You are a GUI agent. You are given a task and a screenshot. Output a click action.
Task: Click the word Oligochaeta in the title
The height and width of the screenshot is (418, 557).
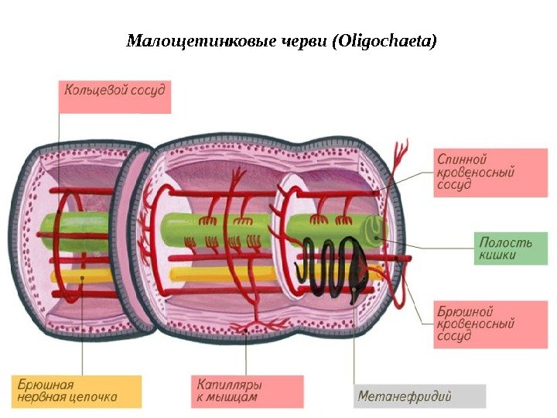point(384,39)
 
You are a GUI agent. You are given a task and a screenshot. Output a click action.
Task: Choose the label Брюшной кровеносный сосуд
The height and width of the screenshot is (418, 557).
point(474,324)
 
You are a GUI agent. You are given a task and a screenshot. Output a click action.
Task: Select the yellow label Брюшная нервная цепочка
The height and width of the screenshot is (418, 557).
point(77,390)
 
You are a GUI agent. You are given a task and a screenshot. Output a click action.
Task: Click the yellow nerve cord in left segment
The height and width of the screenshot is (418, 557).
point(77,275)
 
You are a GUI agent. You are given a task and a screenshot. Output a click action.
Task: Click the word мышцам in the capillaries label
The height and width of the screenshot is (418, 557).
point(232,397)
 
